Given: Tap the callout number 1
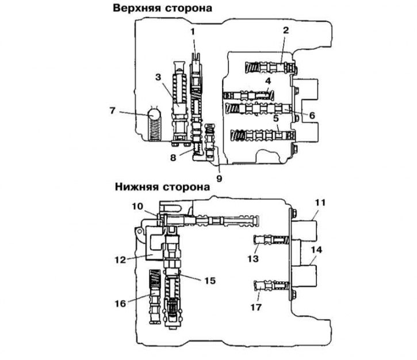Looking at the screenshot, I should click(194, 30).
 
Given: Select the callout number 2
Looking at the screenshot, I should click(285, 30).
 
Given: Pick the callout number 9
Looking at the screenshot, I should click(219, 178).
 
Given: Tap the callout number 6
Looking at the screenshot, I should click(311, 115).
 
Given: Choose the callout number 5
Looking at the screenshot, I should click(276, 118).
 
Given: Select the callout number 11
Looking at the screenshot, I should click(320, 202).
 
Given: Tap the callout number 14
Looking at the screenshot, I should click(316, 250).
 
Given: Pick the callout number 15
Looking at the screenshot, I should click(209, 280).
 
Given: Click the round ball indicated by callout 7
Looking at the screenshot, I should click(154, 115).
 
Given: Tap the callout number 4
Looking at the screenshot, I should click(267, 81).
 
